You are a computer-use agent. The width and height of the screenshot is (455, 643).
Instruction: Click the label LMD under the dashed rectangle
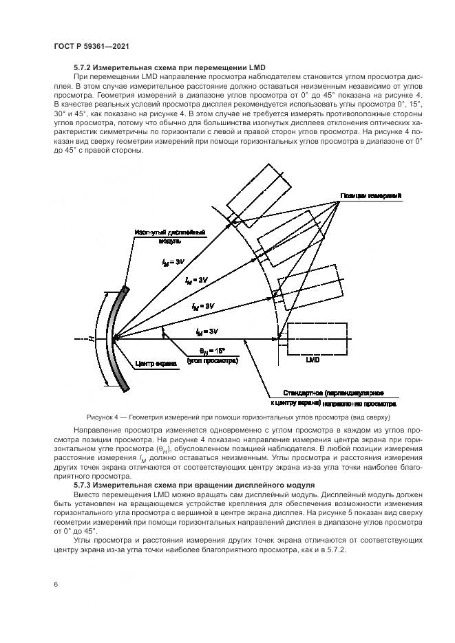312,359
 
